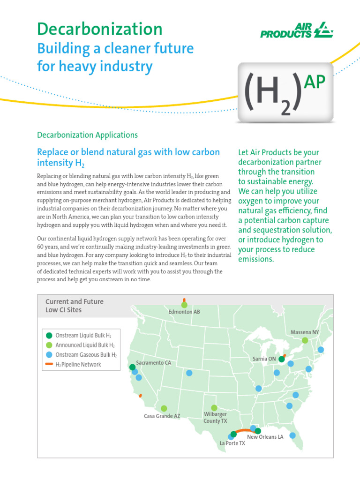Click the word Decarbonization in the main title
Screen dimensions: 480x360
(100, 29)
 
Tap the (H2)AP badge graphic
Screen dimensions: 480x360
(286, 92)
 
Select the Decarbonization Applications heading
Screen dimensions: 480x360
(87, 135)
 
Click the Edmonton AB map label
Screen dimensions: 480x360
(184, 312)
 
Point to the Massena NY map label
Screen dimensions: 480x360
(304, 332)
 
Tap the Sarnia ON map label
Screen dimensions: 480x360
(264, 359)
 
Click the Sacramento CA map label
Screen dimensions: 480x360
(154, 363)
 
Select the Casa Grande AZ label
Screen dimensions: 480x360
(162, 416)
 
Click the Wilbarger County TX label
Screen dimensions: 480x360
(215, 418)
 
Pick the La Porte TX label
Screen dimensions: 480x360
(232, 443)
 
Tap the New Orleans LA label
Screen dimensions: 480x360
(265, 437)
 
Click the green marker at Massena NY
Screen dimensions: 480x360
(305, 340)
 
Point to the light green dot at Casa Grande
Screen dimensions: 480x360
(164, 408)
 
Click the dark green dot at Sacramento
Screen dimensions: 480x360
(132, 367)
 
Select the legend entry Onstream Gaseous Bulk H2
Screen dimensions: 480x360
(86, 355)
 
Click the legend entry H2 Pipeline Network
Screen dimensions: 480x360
(78, 364)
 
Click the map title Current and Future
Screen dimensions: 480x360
(74, 301)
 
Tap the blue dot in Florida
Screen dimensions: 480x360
(292, 435)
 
